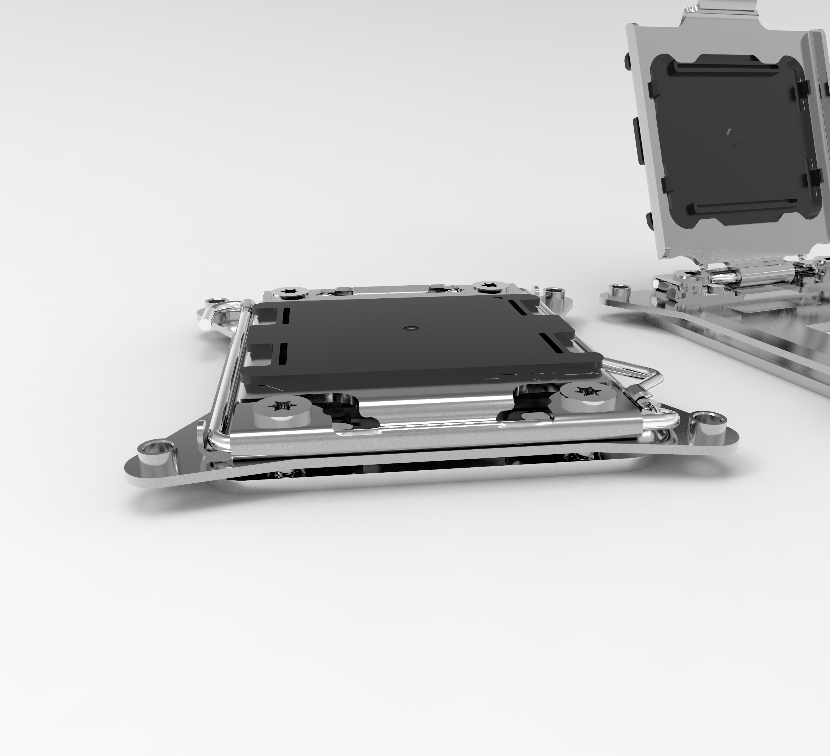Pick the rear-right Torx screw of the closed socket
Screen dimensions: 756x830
[490, 285]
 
